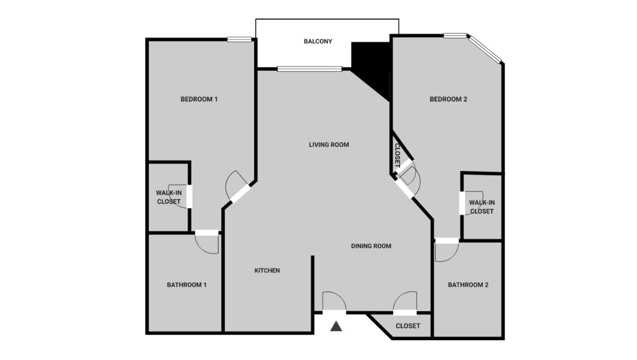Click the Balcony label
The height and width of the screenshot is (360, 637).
click(318, 41)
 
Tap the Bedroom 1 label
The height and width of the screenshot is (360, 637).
click(199, 99)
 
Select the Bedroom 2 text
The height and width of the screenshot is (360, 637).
click(448, 99)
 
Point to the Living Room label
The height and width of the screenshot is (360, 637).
click(329, 145)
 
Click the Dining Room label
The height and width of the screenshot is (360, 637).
click(371, 246)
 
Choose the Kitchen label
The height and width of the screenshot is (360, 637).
click(267, 270)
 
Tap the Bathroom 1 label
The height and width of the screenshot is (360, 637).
click(186, 285)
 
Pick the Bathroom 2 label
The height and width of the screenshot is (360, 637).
click(468, 285)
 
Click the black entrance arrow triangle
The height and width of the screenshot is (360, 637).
click(336, 326)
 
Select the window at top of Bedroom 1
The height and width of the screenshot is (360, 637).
click(240, 39)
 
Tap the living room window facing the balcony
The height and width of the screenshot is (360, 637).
click(309, 69)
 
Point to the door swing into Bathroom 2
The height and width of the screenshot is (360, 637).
click(445, 251)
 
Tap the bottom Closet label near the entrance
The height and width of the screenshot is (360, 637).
click(408, 326)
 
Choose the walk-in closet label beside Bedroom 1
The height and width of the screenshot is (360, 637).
click(168, 197)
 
